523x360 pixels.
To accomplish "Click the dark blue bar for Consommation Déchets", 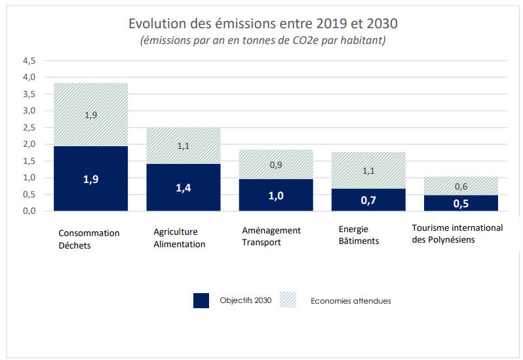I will [90, 178].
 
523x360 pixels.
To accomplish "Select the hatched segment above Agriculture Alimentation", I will [183, 146].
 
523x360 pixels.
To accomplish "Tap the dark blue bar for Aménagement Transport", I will [275, 195].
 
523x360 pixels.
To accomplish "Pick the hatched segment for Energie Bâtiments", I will [368, 170].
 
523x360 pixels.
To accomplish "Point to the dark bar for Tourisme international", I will [461, 203].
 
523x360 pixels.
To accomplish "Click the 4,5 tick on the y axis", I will [29, 60].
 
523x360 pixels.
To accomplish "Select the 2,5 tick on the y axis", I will [29, 127].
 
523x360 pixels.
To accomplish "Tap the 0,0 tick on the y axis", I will [29, 211].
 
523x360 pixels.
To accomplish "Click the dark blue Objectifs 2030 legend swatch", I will [201, 300].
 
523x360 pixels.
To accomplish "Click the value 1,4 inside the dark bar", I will [183, 188].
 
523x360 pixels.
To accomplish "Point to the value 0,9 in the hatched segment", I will [275, 165].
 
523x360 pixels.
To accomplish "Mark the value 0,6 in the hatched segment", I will [461, 186].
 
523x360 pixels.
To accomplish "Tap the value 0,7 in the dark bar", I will [368, 200].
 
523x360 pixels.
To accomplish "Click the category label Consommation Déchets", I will [89, 239].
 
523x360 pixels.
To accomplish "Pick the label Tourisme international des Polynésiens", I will [457, 233].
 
